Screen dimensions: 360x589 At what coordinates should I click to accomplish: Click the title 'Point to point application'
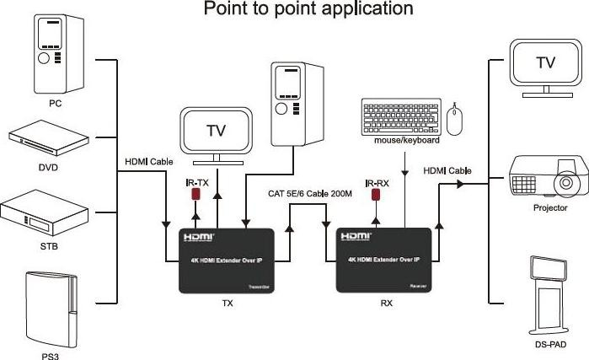click(x=297, y=9)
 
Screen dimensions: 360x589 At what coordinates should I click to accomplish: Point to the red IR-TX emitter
click(x=195, y=195)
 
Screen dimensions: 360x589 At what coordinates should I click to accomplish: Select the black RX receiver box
click(x=386, y=260)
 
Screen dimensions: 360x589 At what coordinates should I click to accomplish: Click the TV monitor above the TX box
click(x=216, y=132)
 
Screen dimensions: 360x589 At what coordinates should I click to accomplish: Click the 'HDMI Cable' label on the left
click(x=148, y=162)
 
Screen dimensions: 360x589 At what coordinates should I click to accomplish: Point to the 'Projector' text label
click(x=549, y=208)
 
